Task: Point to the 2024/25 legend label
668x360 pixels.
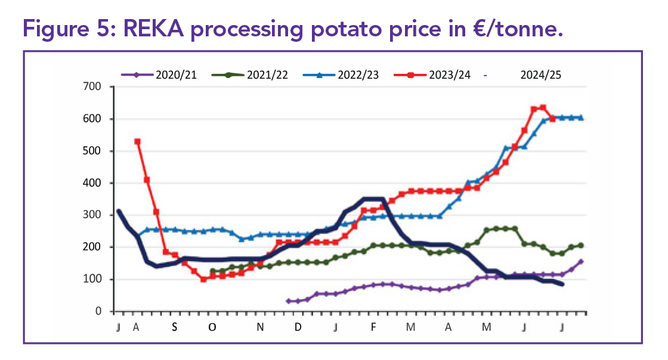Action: [x=540, y=75]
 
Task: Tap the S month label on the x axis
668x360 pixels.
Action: [x=175, y=327]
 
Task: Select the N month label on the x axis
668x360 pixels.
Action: [x=260, y=327]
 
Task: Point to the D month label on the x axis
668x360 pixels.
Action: [x=298, y=327]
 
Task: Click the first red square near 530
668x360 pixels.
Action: [x=137, y=141]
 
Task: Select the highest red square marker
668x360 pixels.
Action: [x=543, y=108]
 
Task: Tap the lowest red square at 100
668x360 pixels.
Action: [x=203, y=279]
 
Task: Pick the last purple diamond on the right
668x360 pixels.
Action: [x=581, y=261]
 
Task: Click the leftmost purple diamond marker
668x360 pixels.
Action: [x=289, y=301]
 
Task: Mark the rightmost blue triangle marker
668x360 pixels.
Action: [x=581, y=117]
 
